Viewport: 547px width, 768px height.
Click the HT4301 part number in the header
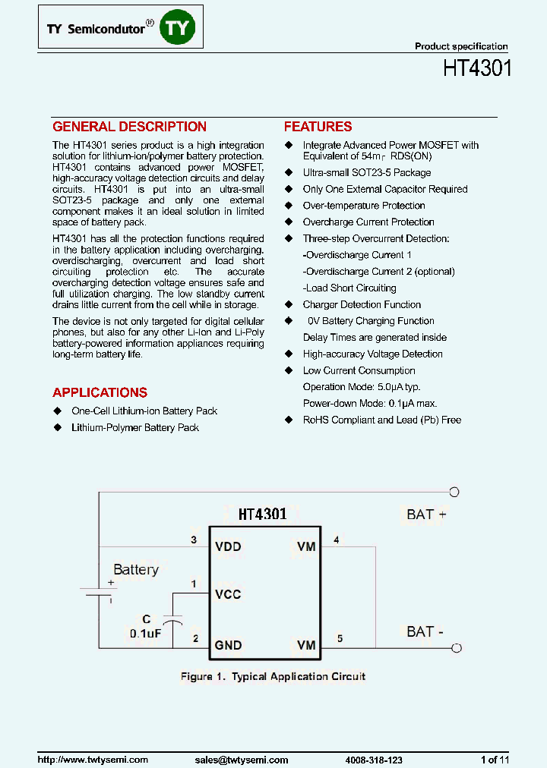click(x=477, y=68)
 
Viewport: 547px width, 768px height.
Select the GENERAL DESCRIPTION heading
click(x=129, y=127)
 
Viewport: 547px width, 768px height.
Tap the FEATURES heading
click(x=318, y=127)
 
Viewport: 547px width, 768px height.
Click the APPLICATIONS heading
click(x=100, y=392)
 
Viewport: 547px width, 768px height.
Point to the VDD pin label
click(x=228, y=546)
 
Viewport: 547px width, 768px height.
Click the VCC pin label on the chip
click(x=228, y=594)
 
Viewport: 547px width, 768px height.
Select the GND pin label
click(x=228, y=646)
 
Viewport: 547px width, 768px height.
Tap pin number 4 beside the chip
click(x=336, y=540)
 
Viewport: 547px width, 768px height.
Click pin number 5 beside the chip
click(x=340, y=638)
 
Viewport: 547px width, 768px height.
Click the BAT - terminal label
click(x=426, y=631)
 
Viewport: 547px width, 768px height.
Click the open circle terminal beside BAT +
click(x=455, y=492)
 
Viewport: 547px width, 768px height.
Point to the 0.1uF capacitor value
click(x=145, y=633)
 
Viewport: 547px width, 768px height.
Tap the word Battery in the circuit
click(x=136, y=570)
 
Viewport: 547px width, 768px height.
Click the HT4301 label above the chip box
click(x=262, y=515)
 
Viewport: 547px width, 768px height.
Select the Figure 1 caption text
click(x=273, y=676)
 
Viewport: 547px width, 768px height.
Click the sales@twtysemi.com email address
click(x=242, y=760)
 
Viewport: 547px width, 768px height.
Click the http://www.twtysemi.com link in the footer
click(x=93, y=760)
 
